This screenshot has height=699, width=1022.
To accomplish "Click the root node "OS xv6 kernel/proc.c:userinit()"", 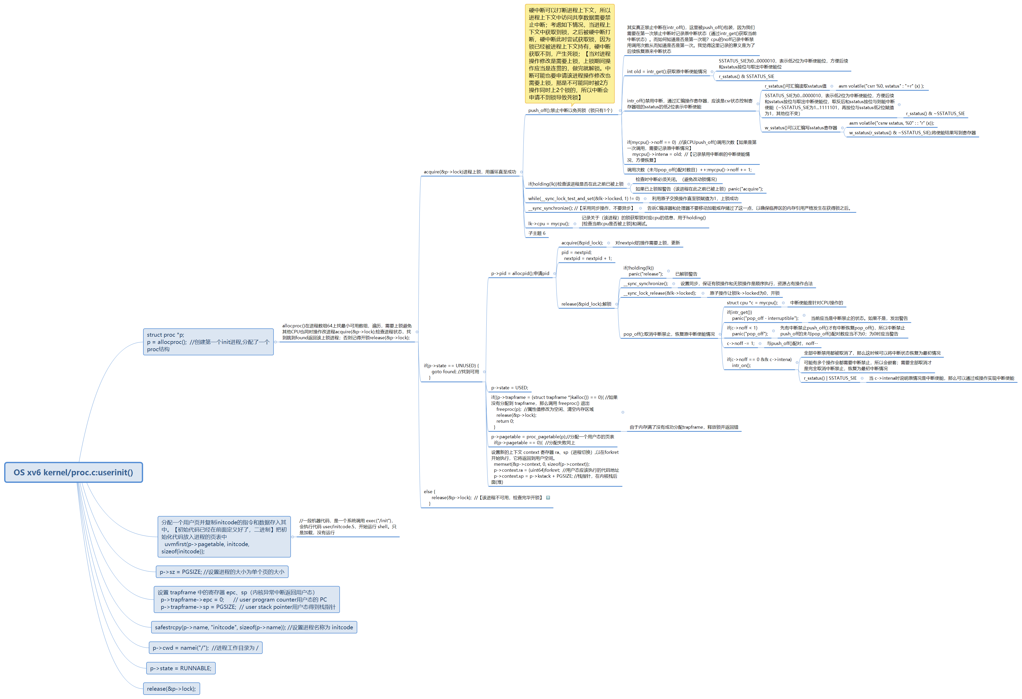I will coord(73,472).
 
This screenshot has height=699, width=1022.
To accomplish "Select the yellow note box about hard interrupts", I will coord(570,54).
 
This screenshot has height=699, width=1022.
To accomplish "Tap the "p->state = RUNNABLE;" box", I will coord(181,668).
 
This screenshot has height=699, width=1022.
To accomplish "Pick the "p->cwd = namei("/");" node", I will coord(205,648).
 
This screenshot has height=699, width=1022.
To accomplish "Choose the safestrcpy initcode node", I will coord(254,627).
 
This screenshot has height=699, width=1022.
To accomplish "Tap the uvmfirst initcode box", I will coord(224,537).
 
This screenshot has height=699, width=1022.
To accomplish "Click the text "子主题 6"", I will coord(536,234).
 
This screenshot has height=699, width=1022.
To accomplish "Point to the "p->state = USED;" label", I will coord(509,388).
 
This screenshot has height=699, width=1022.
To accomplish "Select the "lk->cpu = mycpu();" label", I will coord(548,224).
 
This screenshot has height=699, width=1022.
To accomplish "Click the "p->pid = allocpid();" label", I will coord(520,273).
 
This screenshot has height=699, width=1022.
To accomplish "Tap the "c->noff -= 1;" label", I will coord(740,344).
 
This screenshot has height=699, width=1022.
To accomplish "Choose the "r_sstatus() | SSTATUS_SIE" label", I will coord(830,378).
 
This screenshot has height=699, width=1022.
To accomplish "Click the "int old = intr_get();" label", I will coord(667,72).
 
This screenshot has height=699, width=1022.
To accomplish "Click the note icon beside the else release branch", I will coord(548,498).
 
